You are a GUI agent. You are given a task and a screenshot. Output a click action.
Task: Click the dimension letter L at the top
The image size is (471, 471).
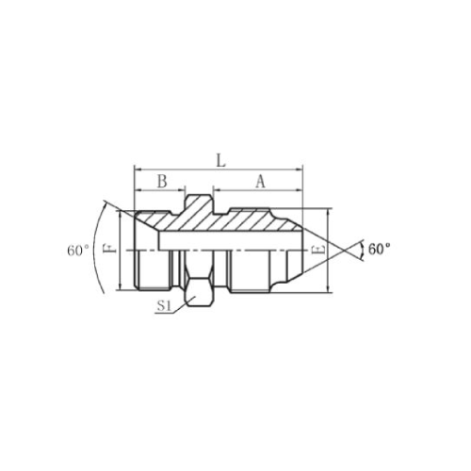pyautogui.click(x=221, y=160)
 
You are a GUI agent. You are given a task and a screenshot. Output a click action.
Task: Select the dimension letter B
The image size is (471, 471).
pyautogui.click(x=162, y=181)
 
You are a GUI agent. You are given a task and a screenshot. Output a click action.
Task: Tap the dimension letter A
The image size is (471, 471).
pyautogui.click(x=260, y=182)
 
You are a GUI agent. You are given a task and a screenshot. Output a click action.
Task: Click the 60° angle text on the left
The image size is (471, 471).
pyautogui.click(x=78, y=251)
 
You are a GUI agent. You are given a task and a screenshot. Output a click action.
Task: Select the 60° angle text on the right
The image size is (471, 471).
pyautogui.click(x=379, y=249)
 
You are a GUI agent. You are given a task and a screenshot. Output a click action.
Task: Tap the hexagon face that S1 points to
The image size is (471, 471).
pyautogui.click(x=199, y=292)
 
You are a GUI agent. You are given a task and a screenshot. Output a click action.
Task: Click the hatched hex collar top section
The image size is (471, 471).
pyautogui.click(x=199, y=205)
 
